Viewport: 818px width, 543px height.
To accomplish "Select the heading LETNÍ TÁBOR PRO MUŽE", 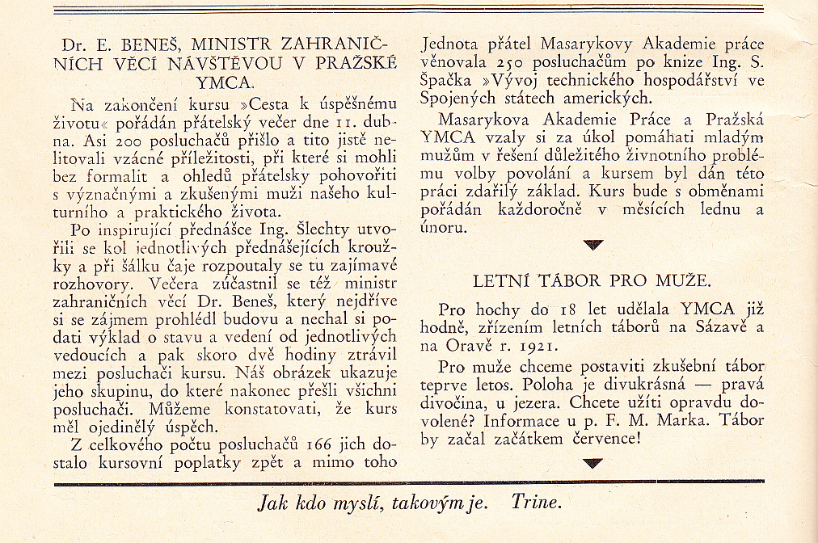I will pos(592,281).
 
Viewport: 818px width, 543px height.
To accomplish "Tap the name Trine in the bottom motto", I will pos(534,503).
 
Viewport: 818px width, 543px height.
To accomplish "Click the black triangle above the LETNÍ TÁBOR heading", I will pos(593,244).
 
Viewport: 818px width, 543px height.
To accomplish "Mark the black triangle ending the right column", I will pos(593,463).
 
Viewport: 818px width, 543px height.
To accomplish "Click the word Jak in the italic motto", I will pos(272,503).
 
